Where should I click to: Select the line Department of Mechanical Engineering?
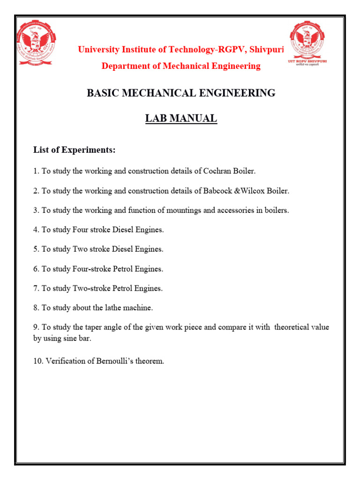tap(181, 66)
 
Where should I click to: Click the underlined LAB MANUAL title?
tap(181, 119)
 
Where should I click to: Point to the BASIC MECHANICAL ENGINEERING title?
tap(181, 93)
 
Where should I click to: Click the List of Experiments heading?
tap(74, 150)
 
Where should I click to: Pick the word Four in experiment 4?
tap(81, 230)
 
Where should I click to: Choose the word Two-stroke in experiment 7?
tap(91, 288)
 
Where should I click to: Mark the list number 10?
tap(37, 361)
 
